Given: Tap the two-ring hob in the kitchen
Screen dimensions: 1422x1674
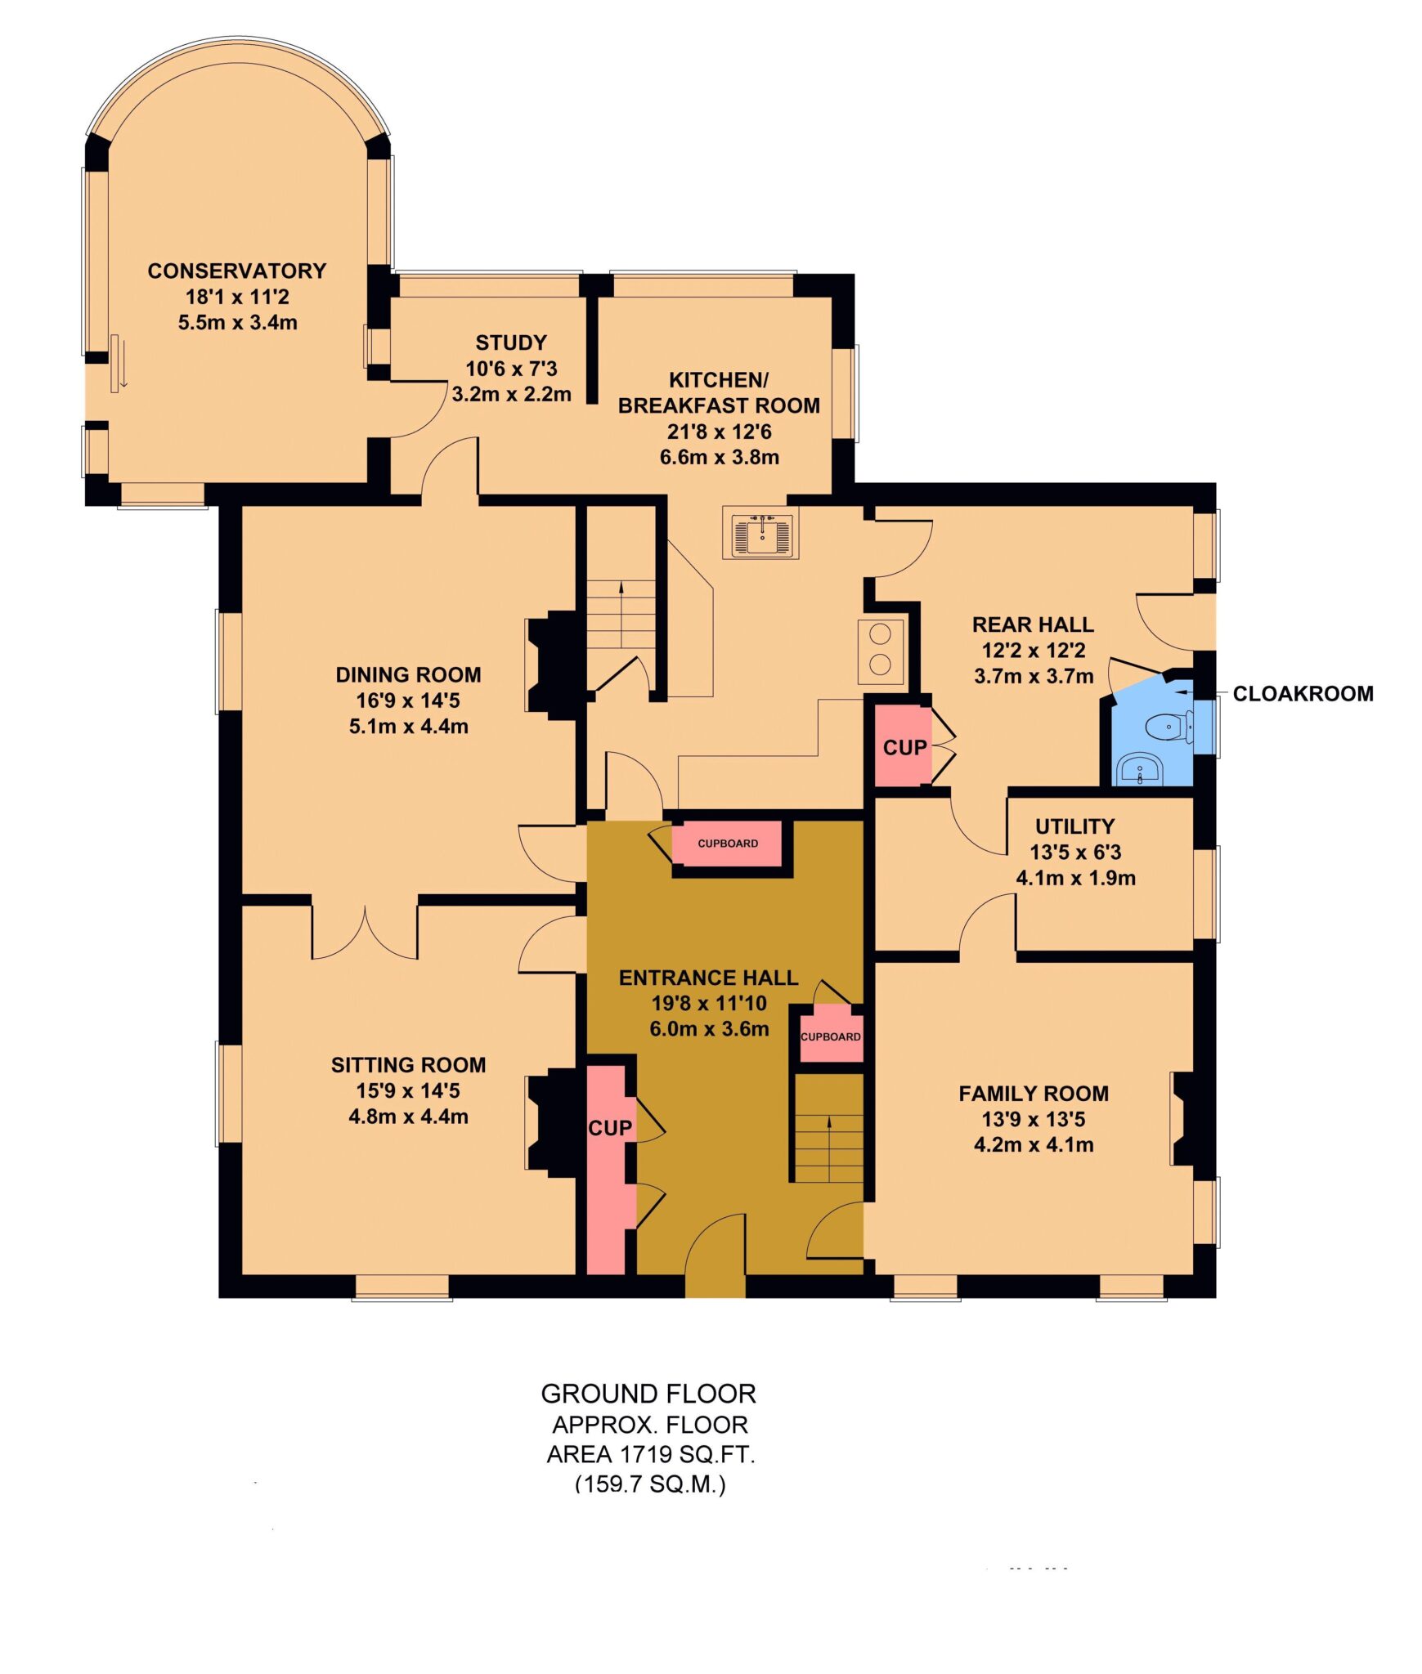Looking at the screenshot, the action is (881, 651).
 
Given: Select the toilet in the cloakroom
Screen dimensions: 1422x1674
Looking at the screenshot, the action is (1170, 726).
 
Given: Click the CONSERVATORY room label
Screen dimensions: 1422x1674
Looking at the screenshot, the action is (236, 271).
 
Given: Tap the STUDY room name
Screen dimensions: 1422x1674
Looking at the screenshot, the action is (511, 342).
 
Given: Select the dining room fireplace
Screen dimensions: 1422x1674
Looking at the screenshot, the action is (554, 665).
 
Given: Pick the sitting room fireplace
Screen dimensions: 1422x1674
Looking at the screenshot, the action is (554, 1121).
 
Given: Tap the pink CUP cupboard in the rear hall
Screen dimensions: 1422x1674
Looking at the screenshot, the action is (903, 746).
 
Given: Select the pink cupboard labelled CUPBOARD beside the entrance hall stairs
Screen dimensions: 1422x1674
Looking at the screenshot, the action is (831, 1036).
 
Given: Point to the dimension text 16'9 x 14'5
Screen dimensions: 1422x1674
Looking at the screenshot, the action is (408, 700).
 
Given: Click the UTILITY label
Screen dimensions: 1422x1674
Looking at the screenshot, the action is (1074, 826).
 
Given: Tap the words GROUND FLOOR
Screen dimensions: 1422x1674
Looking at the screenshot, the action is (648, 1394).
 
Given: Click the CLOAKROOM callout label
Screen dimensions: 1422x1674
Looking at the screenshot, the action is (1303, 694).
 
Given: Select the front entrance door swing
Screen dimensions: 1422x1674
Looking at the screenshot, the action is (715, 1244).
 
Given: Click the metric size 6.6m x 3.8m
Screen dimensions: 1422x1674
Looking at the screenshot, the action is (719, 457).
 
